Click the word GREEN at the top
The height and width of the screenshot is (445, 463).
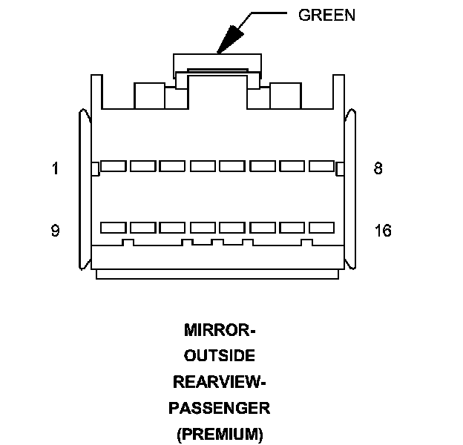[326, 15]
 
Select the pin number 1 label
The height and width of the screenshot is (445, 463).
[55, 168]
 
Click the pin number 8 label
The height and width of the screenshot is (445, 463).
[378, 168]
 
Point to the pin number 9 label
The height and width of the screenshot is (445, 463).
[55, 231]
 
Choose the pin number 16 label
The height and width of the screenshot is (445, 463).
[383, 231]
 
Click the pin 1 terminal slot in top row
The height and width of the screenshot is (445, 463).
[113, 166]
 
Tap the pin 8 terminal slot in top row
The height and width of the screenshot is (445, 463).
[321, 166]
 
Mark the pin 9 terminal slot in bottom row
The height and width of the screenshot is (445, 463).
[113, 228]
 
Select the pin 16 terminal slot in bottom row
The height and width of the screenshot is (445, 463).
[321, 228]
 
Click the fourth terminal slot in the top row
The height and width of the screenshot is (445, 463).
[202, 166]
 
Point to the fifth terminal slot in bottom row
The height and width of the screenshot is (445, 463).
[231, 228]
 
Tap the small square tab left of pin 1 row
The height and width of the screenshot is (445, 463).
[94, 169]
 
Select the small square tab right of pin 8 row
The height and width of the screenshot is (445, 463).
[340, 169]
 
